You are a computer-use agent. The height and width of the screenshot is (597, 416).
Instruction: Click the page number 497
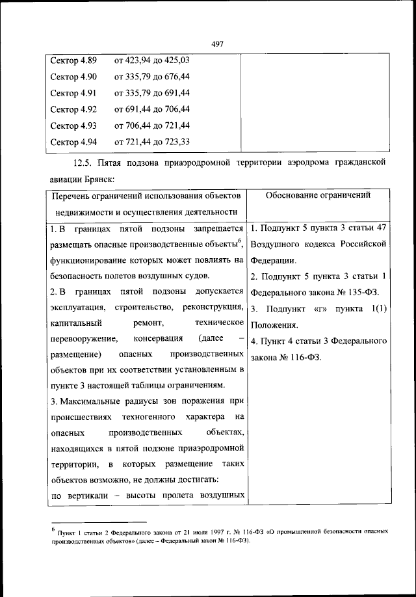(218, 44)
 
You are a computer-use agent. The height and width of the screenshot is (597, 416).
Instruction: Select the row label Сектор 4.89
(73, 60)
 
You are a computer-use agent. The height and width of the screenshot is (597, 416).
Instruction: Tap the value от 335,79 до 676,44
(152, 77)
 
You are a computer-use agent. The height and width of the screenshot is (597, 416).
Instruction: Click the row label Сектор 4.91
(73, 93)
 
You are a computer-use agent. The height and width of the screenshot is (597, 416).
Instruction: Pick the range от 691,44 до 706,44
(152, 109)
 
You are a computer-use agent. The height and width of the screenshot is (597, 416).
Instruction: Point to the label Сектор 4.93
(73, 126)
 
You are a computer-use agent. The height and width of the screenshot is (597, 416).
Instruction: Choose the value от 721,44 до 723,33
(152, 142)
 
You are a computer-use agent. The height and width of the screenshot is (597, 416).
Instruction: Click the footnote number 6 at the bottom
(53, 529)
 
